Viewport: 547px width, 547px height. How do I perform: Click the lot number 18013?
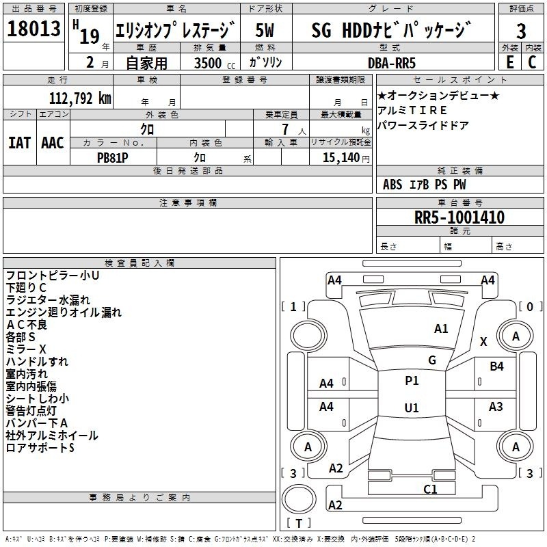[x=34, y=29]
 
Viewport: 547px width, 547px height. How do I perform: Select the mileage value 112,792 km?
[x=80, y=98]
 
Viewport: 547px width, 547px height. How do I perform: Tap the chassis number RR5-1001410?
[x=459, y=217]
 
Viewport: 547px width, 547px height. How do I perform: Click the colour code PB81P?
[x=113, y=157]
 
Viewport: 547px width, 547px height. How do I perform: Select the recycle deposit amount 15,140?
[x=339, y=157]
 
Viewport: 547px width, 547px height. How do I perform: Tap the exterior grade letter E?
[x=509, y=62]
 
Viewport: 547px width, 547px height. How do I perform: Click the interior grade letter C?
[x=532, y=62]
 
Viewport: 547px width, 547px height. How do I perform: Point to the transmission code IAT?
[x=20, y=143]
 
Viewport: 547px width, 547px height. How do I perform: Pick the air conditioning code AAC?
[x=52, y=143]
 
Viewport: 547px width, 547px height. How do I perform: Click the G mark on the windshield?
[x=432, y=360]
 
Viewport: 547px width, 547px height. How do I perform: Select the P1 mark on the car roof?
[x=412, y=381]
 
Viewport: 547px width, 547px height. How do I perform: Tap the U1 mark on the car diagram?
[x=412, y=408]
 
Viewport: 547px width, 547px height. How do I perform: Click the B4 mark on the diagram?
[x=496, y=366]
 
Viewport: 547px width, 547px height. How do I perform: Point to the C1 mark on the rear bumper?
[x=430, y=489]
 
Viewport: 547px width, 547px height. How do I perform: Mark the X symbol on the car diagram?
[x=483, y=341]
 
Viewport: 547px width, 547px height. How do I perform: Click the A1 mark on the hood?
[x=441, y=329]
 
